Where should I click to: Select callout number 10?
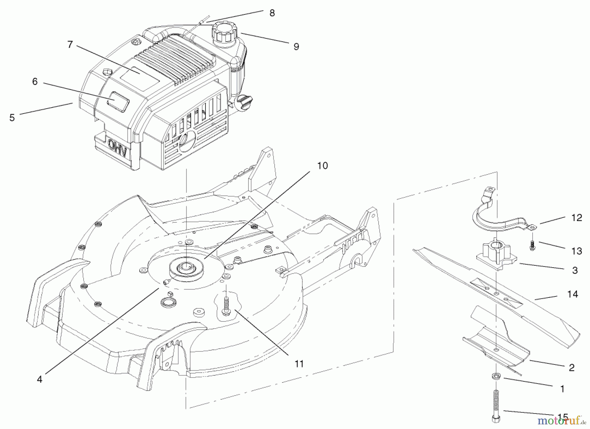point(323,166)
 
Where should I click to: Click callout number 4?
point(40,379)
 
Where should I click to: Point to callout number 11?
point(299,364)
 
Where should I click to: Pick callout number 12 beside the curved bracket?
point(577,218)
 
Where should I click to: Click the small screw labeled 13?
point(532,245)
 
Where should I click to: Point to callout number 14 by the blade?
point(572,294)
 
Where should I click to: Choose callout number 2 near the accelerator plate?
point(572,368)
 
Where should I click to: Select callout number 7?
point(70,45)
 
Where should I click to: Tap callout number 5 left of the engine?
point(12,117)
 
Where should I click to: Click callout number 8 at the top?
point(272,13)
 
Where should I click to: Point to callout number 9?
point(296,47)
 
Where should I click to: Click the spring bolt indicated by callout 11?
point(226,302)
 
